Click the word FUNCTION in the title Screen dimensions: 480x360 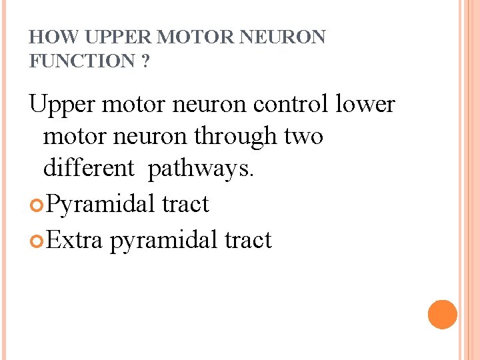click(82, 61)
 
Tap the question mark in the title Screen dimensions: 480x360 click(145, 61)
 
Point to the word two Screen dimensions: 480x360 click(303, 137)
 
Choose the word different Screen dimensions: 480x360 click(89, 169)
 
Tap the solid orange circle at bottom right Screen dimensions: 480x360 click(443, 314)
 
